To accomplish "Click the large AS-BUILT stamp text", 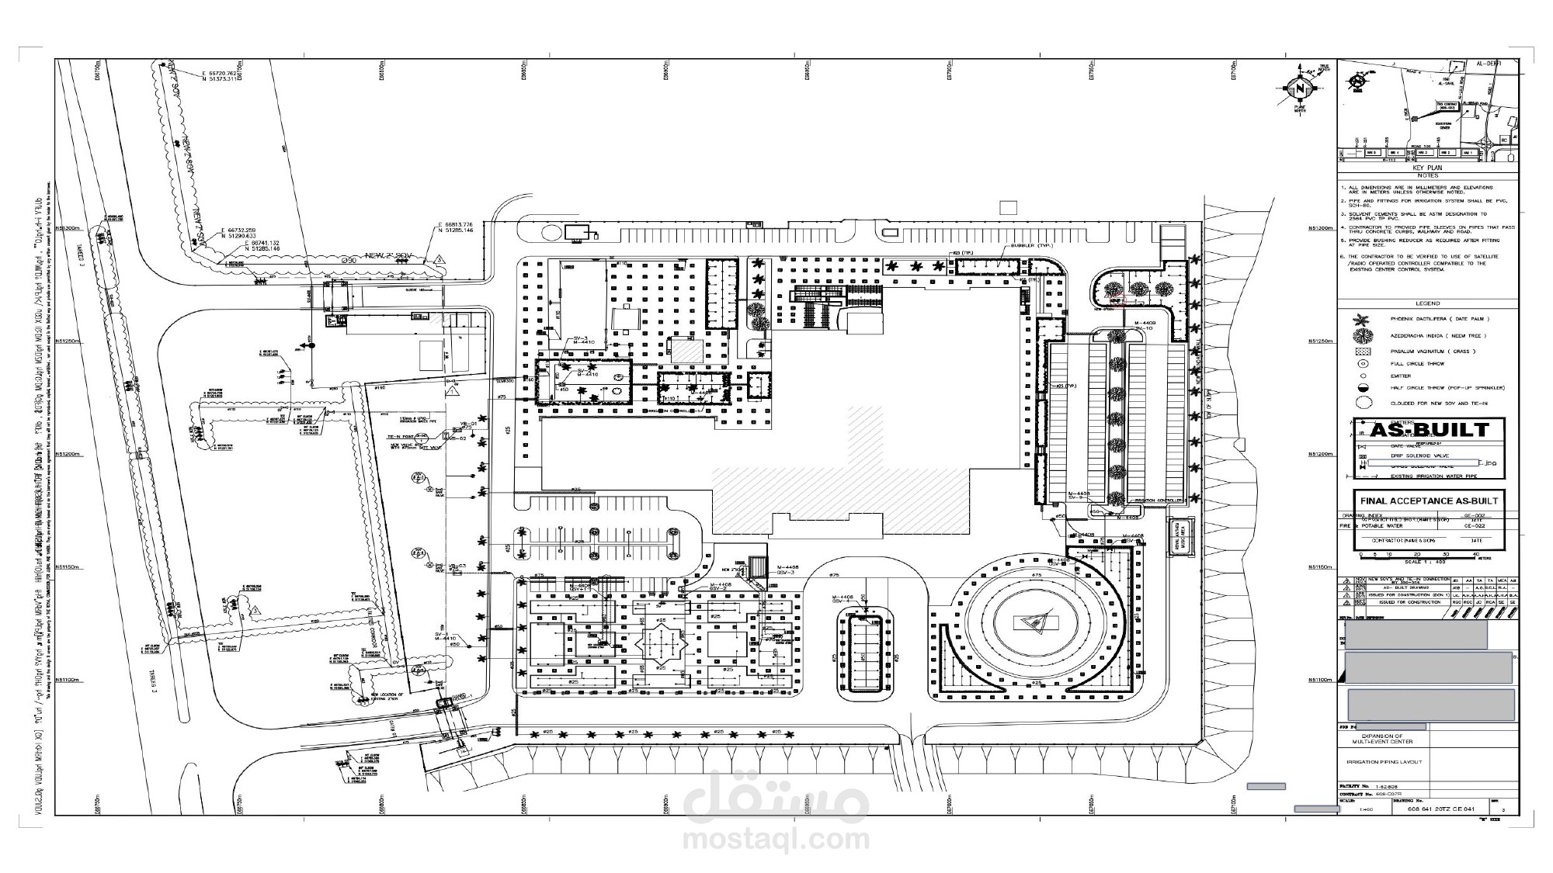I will [x=1429, y=430].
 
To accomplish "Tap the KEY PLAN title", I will [x=1427, y=168].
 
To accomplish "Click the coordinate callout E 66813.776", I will [x=455, y=224].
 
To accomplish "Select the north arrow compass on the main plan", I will [x=1298, y=89].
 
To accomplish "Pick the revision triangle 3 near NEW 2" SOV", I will [x=439, y=259].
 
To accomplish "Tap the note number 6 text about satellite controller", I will [x=1427, y=263].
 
